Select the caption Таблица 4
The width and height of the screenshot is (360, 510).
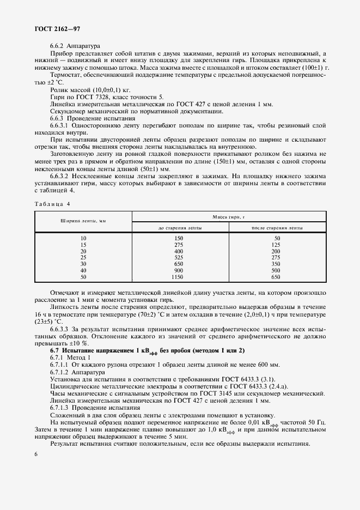pos(53,203)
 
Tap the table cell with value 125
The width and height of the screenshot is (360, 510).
pos(276,245)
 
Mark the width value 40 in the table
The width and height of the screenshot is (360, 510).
pos(83,270)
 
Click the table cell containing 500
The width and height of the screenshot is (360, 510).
pos(276,270)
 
